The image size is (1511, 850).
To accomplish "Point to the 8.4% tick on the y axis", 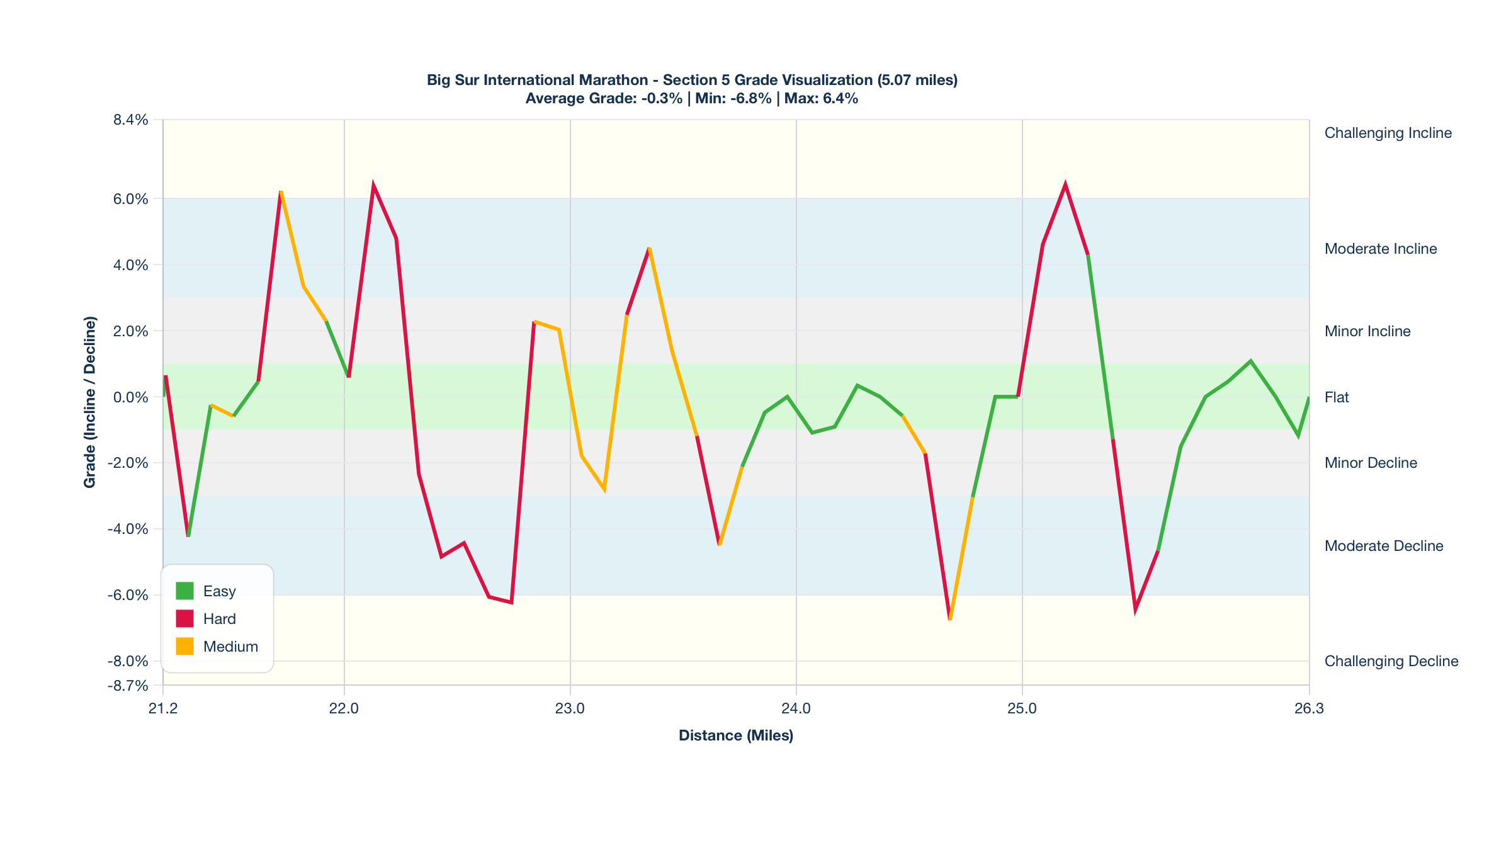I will (x=131, y=120).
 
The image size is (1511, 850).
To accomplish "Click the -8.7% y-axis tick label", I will (x=128, y=686).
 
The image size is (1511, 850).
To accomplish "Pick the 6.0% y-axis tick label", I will (x=131, y=199).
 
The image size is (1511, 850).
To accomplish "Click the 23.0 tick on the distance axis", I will (x=570, y=708).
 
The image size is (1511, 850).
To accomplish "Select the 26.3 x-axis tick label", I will (x=1309, y=708).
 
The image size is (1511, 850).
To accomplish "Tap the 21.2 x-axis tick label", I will (x=163, y=708).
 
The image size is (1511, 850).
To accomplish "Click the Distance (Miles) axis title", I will (x=736, y=735).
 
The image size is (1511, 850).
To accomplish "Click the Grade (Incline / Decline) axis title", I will (x=90, y=402).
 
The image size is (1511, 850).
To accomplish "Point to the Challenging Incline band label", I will (x=1388, y=133).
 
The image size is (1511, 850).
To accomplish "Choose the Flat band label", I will (x=1337, y=397).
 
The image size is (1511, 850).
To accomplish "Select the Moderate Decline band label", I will (x=1383, y=546).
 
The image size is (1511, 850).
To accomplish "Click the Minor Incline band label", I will (x=1367, y=331).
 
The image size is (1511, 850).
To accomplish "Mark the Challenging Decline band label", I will (x=1391, y=661).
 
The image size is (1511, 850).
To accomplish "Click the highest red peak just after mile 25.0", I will (x=1065, y=184).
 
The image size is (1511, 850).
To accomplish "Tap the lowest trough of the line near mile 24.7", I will (x=949, y=619).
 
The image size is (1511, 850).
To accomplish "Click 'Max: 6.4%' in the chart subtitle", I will (x=821, y=99).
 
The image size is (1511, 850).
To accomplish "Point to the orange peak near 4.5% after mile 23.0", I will (x=649, y=249).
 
